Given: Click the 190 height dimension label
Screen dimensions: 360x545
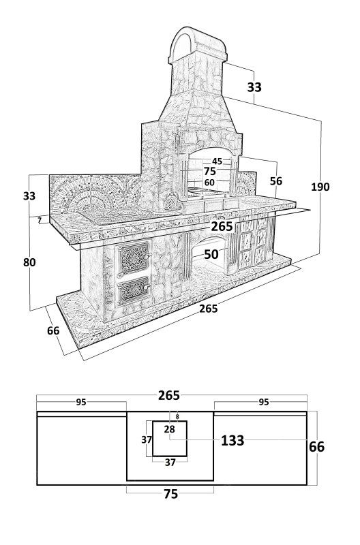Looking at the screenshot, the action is point(320,187).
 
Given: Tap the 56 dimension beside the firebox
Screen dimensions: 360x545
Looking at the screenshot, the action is point(276,181).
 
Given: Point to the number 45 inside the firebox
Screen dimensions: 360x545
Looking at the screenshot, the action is point(217,161).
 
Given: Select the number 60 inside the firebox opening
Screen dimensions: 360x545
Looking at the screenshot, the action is point(209,183).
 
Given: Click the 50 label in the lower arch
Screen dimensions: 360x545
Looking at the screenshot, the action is point(211,254).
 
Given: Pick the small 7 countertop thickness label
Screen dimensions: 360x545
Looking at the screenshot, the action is point(40,220).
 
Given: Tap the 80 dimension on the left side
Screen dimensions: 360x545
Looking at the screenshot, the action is point(29,262).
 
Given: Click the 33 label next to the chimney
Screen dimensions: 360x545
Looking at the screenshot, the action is point(254,87).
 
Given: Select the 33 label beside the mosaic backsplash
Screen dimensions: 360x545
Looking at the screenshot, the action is point(29,196).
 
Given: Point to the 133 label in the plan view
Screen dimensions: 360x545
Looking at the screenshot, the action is point(232,441).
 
